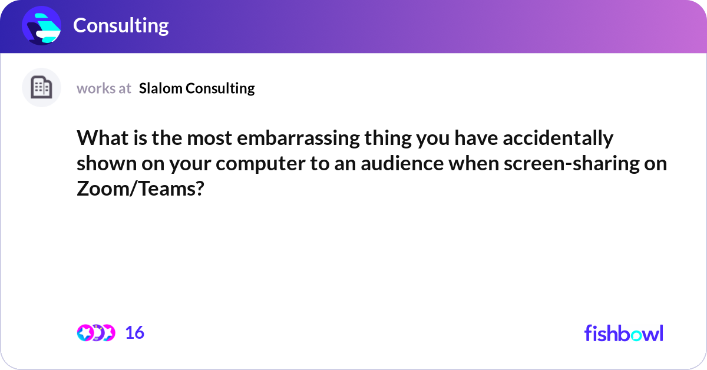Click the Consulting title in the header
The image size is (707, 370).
[121, 25]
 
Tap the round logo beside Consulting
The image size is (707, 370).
[42, 25]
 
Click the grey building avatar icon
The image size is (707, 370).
[41, 88]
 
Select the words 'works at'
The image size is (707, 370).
[104, 88]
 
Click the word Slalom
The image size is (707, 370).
[160, 88]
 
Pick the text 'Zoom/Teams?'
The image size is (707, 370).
[140, 190]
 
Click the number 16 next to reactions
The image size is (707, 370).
[134, 333]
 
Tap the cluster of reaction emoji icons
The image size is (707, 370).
[95, 333]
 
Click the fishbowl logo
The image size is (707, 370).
[623, 333]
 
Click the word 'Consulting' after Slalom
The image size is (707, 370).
[220, 88]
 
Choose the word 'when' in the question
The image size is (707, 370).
[474, 164]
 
